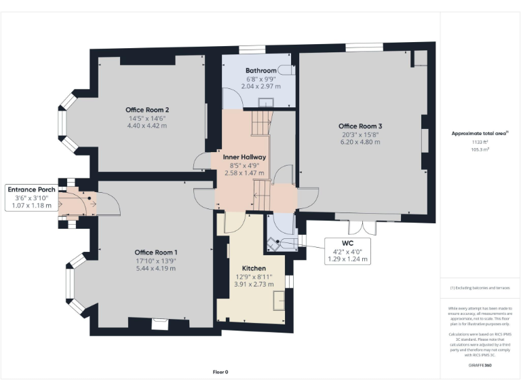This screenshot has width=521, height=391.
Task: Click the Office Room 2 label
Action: (x=147, y=110)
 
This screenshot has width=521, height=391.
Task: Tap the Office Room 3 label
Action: (x=360, y=126)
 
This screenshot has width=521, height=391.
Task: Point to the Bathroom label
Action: (x=260, y=71)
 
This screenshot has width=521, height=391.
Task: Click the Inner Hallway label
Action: (x=244, y=157)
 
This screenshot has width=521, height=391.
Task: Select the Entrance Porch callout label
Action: (x=32, y=189)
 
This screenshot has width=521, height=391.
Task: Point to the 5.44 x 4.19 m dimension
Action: (x=156, y=268)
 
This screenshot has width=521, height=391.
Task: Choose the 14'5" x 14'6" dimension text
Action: (x=147, y=118)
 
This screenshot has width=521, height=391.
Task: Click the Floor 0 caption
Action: (x=220, y=372)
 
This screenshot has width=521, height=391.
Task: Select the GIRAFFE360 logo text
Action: (x=480, y=365)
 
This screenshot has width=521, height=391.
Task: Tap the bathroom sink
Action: (x=266, y=103)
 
